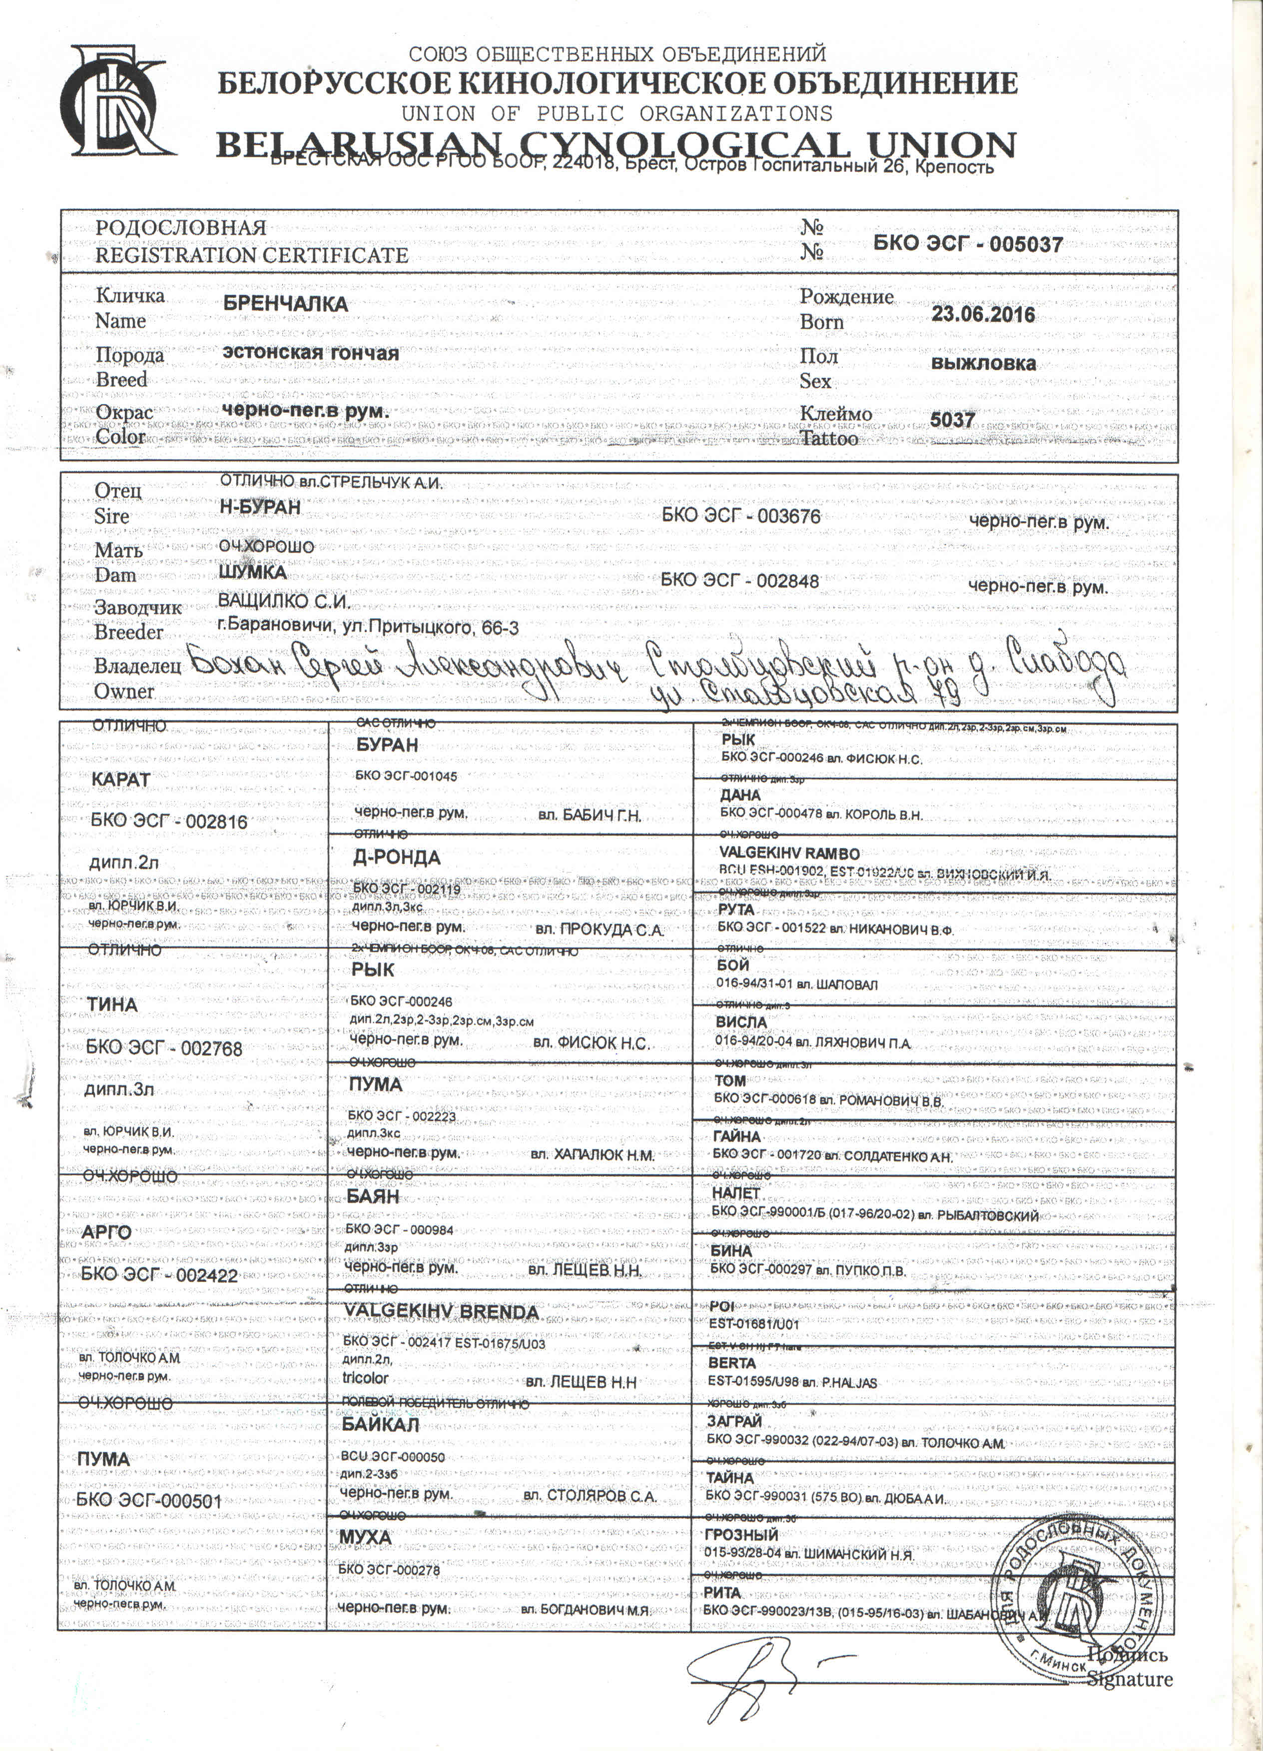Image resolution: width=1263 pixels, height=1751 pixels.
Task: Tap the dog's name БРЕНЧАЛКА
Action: pyautogui.click(x=285, y=303)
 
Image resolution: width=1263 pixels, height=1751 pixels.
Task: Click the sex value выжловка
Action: pyautogui.click(x=983, y=364)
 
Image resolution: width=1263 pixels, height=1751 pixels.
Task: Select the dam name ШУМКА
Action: pyautogui.click(x=252, y=572)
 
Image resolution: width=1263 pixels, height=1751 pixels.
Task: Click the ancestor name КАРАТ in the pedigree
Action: pyautogui.click(x=120, y=780)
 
